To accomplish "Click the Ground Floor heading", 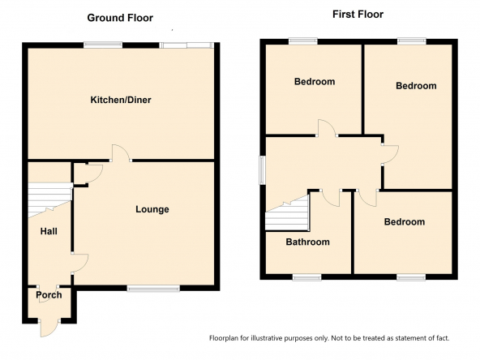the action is click(x=120, y=18).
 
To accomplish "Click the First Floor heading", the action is click(x=358, y=14).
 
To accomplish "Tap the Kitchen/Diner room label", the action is click(x=121, y=100).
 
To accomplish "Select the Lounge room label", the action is click(x=152, y=209).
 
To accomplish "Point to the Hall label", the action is click(x=49, y=231).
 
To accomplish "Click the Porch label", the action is click(x=49, y=295).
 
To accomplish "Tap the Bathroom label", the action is click(x=307, y=242).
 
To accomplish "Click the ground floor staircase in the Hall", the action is click(x=49, y=199).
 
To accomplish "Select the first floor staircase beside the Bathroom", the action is click(x=287, y=214).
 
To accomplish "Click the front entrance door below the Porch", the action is click(x=49, y=328).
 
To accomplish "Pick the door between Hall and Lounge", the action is click(x=80, y=264).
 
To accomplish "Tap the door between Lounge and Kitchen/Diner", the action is click(x=121, y=152).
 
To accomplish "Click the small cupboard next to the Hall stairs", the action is click(x=80, y=174).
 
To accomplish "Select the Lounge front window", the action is click(x=153, y=289).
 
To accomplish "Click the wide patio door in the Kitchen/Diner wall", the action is click(x=186, y=45).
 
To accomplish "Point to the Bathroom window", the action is click(x=307, y=277).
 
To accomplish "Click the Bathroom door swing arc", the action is click(x=331, y=199).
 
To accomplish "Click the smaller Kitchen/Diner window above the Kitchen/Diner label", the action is click(x=103, y=45).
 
